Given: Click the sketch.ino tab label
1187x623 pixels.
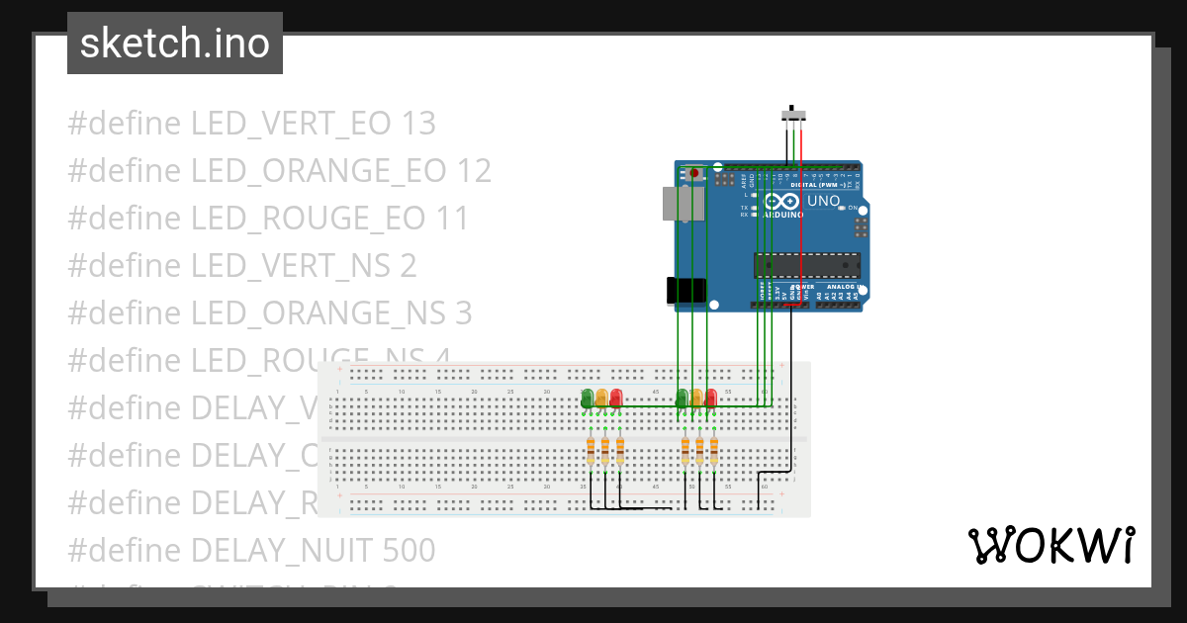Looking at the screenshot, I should click(175, 44).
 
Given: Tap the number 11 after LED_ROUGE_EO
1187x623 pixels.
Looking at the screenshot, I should click(453, 219).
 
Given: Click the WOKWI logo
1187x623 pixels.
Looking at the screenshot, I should click(1050, 546).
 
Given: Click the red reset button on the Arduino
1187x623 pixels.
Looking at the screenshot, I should click(693, 173).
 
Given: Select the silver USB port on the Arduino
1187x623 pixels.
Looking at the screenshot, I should click(683, 203).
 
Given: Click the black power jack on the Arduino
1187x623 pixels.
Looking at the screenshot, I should click(685, 291).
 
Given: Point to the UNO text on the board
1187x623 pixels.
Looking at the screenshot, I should click(824, 201).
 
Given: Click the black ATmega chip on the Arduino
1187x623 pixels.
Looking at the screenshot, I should click(806, 265).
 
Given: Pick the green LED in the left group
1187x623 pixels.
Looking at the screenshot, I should click(587, 398).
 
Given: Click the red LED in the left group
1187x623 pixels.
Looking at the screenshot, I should click(616, 398).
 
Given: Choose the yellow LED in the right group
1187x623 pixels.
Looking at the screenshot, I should click(696, 398).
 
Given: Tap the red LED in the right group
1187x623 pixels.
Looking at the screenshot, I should click(710, 398).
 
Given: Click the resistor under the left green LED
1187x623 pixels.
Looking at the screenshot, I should click(591, 452).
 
